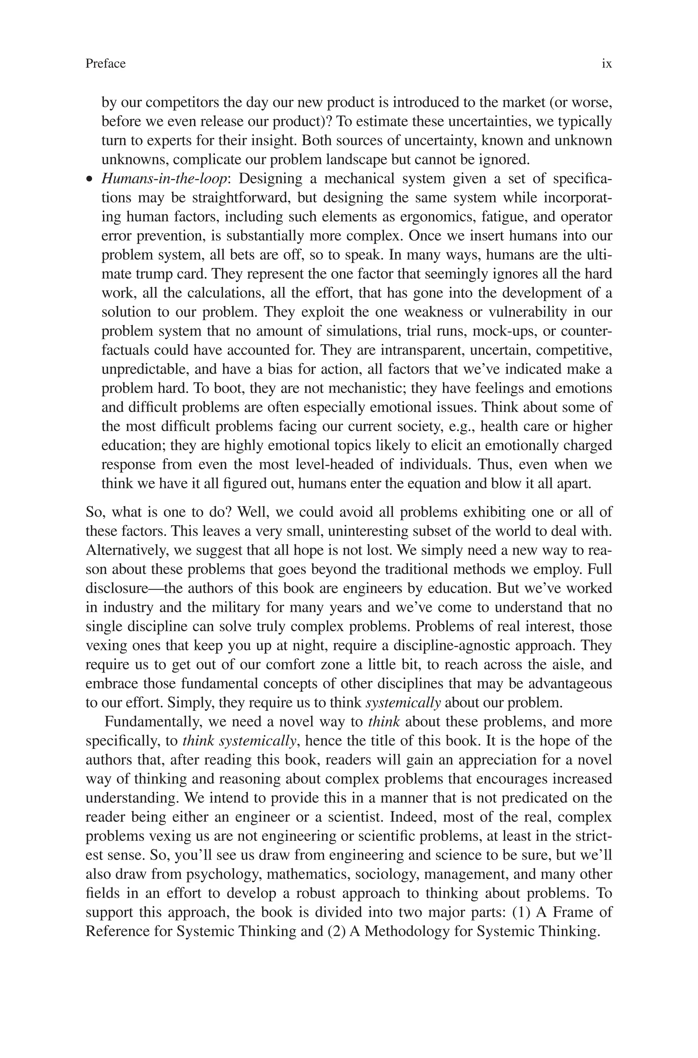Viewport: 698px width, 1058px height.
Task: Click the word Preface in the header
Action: (106, 64)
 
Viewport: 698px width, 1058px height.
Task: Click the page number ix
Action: (607, 64)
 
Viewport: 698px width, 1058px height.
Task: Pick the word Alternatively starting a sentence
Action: (126, 551)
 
